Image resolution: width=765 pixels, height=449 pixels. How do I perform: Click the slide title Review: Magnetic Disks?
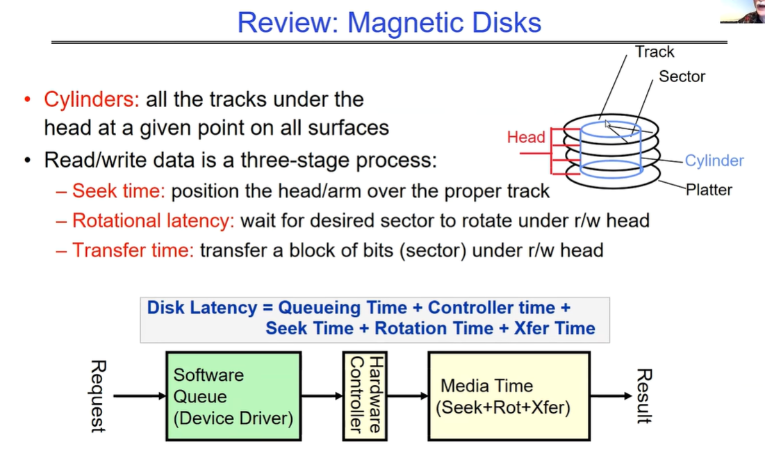tap(389, 22)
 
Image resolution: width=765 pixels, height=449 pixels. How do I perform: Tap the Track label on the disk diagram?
tap(655, 52)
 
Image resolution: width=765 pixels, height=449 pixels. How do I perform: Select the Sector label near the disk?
tap(682, 76)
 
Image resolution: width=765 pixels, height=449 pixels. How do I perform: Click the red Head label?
tap(526, 137)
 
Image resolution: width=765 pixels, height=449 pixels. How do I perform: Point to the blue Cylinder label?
tap(714, 161)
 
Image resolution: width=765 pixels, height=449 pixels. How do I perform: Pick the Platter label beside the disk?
tap(709, 189)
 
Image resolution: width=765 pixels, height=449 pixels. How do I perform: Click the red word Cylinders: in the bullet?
tap(92, 99)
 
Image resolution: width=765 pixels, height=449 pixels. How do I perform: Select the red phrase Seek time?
tap(119, 190)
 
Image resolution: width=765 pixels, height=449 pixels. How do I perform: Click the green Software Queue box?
tap(233, 396)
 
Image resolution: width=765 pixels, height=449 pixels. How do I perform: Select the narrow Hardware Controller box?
tap(365, 396)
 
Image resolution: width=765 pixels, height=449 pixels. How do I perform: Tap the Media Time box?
tap(508, 396)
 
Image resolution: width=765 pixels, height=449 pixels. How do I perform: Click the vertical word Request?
tap(98, 396)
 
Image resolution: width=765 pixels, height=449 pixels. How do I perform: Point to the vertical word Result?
tap(643, 396)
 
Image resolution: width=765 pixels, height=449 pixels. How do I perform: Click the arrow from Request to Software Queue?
tap(139, 396)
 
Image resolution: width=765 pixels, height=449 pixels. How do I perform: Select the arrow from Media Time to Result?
tap(611, 396)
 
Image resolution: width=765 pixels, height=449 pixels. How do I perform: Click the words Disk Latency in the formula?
tap(201, 308)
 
